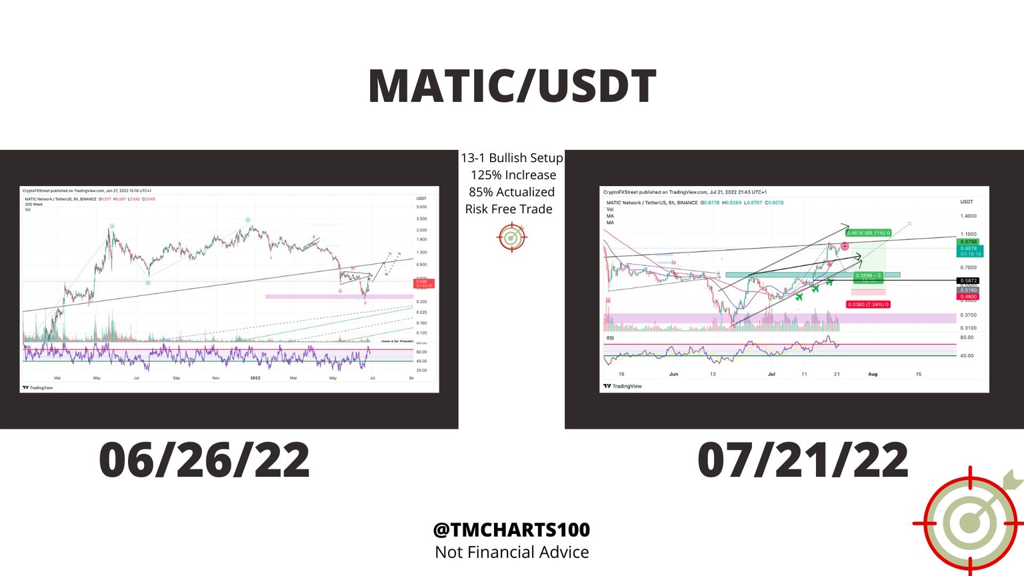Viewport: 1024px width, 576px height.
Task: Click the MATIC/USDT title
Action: point(512,87)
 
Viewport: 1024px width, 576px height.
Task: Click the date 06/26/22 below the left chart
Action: point(204,460)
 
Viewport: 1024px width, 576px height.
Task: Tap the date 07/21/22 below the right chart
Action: point(803,460)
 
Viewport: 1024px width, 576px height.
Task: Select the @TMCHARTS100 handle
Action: point(511,530)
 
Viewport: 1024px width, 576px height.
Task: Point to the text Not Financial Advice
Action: point(511,553)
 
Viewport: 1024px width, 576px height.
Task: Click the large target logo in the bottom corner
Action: point(971,522)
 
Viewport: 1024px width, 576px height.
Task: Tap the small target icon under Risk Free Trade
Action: point(512,237)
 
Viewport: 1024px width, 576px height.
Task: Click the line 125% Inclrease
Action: point(513,175)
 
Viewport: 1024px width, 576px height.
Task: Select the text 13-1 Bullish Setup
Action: point(511,158)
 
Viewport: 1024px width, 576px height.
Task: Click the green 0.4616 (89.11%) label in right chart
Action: point(867,233)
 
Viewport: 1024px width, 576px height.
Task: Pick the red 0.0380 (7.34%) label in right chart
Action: point(867,305)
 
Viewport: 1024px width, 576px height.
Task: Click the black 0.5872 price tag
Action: point(968,281)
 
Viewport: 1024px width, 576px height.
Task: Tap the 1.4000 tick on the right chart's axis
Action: point(968,216)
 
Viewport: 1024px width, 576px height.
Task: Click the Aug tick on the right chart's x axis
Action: point(872,375)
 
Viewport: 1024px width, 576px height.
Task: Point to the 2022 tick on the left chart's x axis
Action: point(255,378)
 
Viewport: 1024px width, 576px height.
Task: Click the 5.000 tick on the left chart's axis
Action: point(421,207)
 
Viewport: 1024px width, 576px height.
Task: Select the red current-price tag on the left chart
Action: point(424,283)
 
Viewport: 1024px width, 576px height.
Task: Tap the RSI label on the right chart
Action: point(610,338)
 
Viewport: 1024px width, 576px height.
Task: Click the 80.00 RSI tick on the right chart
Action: point(966,337)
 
